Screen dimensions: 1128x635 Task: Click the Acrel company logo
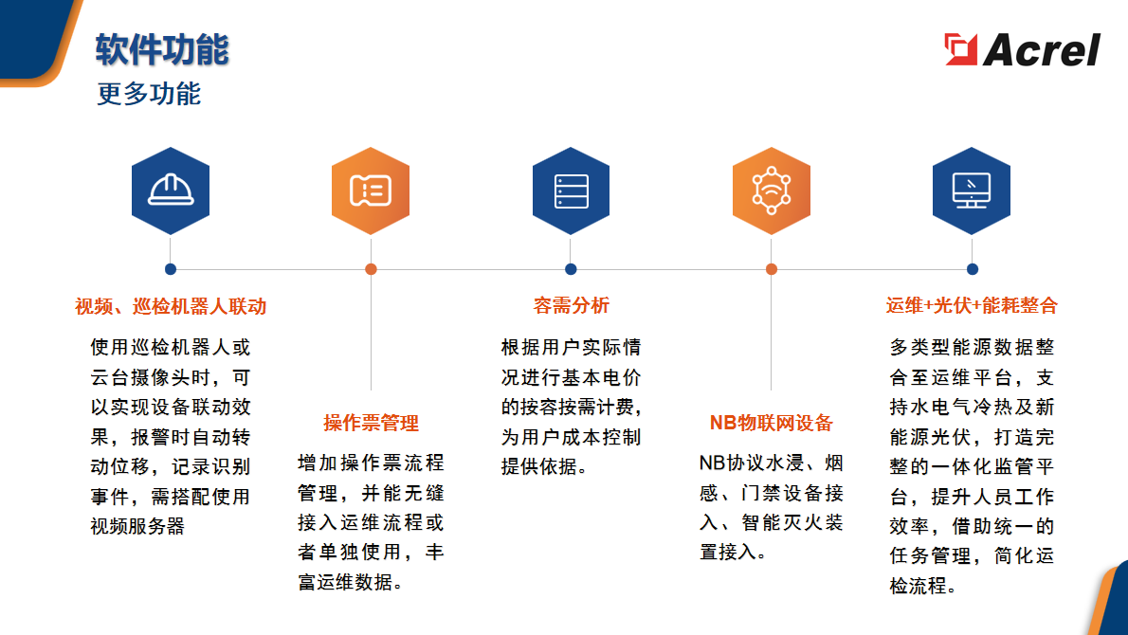[1022, 49]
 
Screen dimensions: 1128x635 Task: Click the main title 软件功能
[162, 49]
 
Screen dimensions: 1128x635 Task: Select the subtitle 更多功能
[149, 94]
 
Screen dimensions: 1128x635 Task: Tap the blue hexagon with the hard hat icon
[171, 190]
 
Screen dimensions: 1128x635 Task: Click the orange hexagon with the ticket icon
[371, 190]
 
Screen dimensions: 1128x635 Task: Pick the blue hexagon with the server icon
[572, 190]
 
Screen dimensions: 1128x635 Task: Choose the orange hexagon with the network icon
[772, 190]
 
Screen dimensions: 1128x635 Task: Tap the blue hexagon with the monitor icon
[972, 190]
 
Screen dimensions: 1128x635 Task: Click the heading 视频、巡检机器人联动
[171, 306]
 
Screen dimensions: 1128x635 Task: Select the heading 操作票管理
[371, 423]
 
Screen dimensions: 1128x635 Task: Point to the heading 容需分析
[572, 305]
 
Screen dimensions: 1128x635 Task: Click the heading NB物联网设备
[772, 423]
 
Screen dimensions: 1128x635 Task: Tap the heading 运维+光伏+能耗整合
[972, 305]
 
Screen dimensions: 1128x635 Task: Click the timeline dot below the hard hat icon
[171, 269]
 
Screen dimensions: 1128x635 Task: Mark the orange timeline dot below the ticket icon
[372, 269]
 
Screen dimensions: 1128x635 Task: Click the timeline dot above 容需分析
[572, 269]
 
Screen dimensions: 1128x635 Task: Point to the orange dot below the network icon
[772, 269]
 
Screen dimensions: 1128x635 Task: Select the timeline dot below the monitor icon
[973, 269]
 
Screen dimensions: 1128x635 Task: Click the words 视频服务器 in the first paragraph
[137, 526]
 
